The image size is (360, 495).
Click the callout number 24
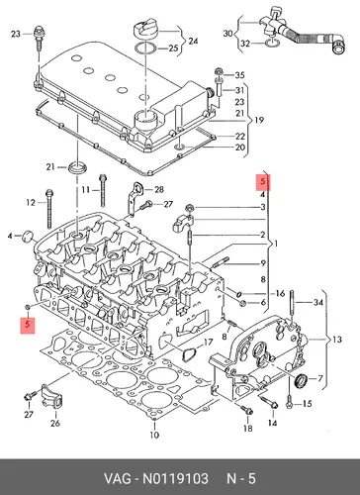click(x=193, y=41)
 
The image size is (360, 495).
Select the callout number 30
click(x=227, y=34)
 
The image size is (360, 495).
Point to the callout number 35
click(x=239, y=75)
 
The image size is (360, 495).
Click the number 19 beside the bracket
click(x=259, y=120)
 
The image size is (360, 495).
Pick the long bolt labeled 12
click(x=49, y=209)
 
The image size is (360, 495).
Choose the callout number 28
click(x=159, y=189)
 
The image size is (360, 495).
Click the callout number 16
click(x=280, y=293)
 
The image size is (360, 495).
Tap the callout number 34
click(x=317, y=302)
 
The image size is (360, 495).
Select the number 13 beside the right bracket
click(x=337, y=340)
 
